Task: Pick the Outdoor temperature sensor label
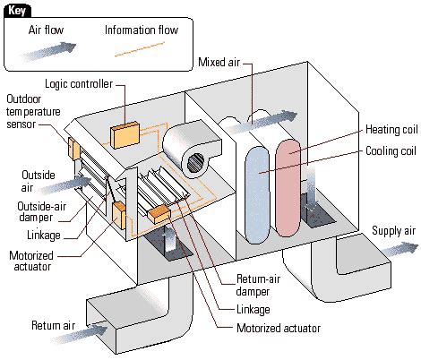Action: pos(35,114)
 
